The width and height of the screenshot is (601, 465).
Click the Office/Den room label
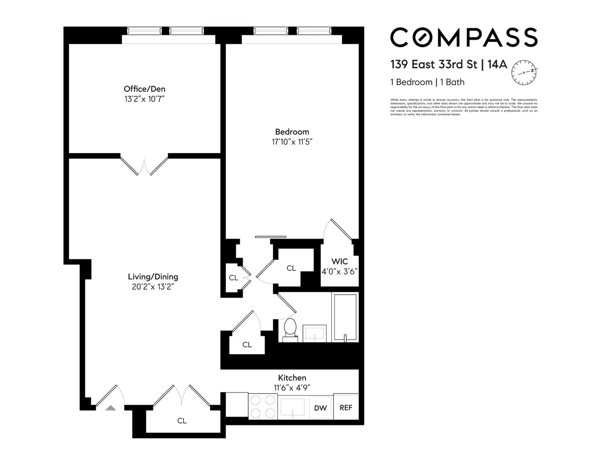coord(144,89)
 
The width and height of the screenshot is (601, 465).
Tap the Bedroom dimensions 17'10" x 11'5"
coord(292,142)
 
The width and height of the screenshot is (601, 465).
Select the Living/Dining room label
coord(153,277)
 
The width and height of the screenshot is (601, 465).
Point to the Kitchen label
coord(292,378)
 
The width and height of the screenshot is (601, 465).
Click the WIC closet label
coord(339,261)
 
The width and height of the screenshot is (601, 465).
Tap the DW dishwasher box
coord(321,408)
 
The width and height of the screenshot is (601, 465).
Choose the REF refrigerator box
coord(346,407)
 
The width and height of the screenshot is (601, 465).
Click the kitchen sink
coord(292,407)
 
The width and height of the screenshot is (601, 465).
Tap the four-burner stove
coord(263,407)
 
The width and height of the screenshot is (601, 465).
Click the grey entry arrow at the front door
coord(110,408)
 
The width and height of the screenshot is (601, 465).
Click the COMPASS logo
coord(463,37)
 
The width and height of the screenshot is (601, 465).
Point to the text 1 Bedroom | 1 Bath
coord(427,82)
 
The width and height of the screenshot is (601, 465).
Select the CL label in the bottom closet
coord(182,421)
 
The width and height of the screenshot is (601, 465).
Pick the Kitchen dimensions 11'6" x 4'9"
coord(292,387)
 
